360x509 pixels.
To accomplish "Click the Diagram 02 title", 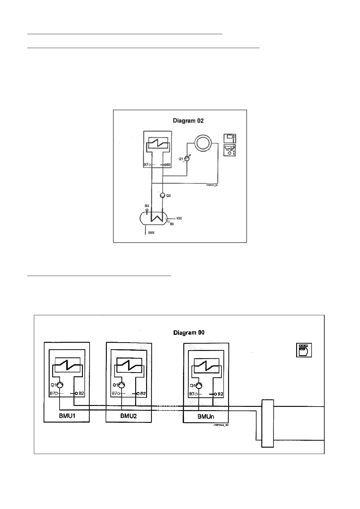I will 188,121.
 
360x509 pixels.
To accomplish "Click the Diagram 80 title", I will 189,333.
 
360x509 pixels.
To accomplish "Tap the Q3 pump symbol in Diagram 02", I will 162,196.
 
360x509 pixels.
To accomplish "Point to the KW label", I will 179,218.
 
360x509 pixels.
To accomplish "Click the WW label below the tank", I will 151,233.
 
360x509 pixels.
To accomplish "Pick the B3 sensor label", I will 147,206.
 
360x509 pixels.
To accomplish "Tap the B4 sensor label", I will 172,224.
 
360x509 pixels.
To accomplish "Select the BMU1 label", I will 67,416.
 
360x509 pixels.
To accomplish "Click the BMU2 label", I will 129,416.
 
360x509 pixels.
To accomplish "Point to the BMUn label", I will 206,417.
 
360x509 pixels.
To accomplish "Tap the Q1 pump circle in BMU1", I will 60,385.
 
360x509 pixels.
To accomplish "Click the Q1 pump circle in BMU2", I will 122,385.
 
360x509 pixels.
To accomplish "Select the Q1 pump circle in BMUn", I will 199,386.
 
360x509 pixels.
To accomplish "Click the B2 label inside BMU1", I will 81,394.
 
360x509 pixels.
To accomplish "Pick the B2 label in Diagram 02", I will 169,165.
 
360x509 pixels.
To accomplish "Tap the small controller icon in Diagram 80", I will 304,350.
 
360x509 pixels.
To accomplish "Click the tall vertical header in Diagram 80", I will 267,423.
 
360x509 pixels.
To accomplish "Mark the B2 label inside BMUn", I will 221,394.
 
